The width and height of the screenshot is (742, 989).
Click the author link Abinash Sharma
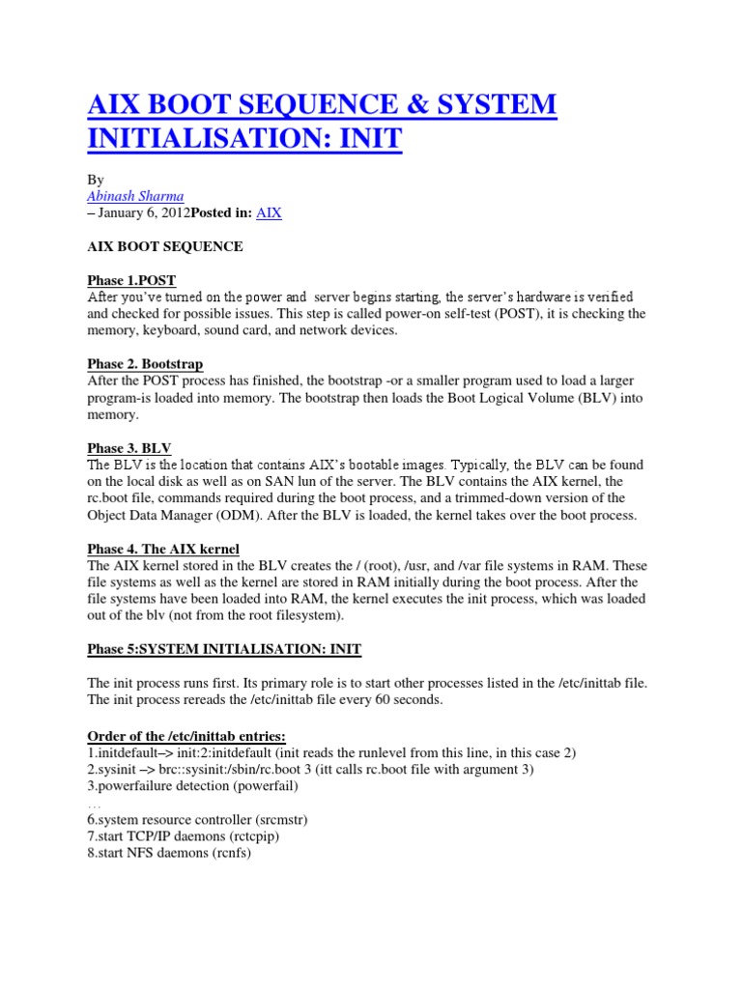click(135, 195)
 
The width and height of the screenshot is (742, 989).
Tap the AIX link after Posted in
click(269, 212)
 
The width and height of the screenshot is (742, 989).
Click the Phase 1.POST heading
click(131, 280)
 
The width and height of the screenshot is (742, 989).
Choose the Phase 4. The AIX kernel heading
click(163, 549)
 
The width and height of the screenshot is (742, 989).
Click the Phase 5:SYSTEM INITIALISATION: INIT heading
click(224, 649)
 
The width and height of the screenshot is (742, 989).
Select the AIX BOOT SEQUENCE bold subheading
click(165, 246)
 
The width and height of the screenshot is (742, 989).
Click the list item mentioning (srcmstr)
click(197, 819)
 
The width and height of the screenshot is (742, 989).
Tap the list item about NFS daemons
click(169, 853)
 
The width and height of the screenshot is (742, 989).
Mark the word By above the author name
click(96, 179)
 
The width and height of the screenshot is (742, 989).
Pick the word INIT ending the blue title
click(365, 139)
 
